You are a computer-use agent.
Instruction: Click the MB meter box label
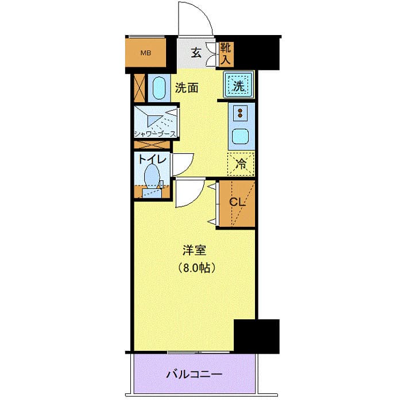tap(146, 54)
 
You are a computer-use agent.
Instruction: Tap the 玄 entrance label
tap(196, 53)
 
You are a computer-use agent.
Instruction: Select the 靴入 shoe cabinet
tap(225, 53)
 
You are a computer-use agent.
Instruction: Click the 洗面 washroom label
tap(187, 88)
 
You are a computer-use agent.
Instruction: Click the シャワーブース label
tap(155, 134)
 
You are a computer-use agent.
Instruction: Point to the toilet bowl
tap(152, 175)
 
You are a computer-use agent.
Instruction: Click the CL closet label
tap(237, 202)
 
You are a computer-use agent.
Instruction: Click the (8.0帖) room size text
tap(195, 268)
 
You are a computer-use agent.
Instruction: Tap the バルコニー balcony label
tap(194, 374)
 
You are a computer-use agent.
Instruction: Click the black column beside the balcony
tap(256, 335)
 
